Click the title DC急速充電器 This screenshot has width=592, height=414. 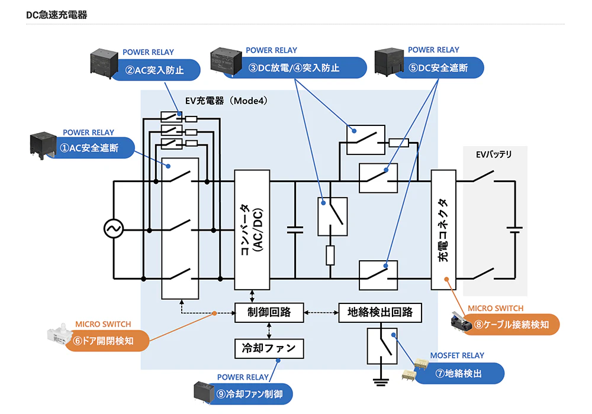pos(57,15)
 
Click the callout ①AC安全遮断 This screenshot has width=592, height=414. pos(94,148)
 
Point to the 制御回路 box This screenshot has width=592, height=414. pos(269,312)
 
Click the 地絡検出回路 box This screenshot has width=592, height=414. pos(380,312)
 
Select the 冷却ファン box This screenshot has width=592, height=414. pos(269,347)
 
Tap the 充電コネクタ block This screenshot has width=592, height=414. pos(444,229)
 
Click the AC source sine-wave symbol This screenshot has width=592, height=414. pos(113,228)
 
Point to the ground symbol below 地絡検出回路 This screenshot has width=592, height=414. pos(380,381)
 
